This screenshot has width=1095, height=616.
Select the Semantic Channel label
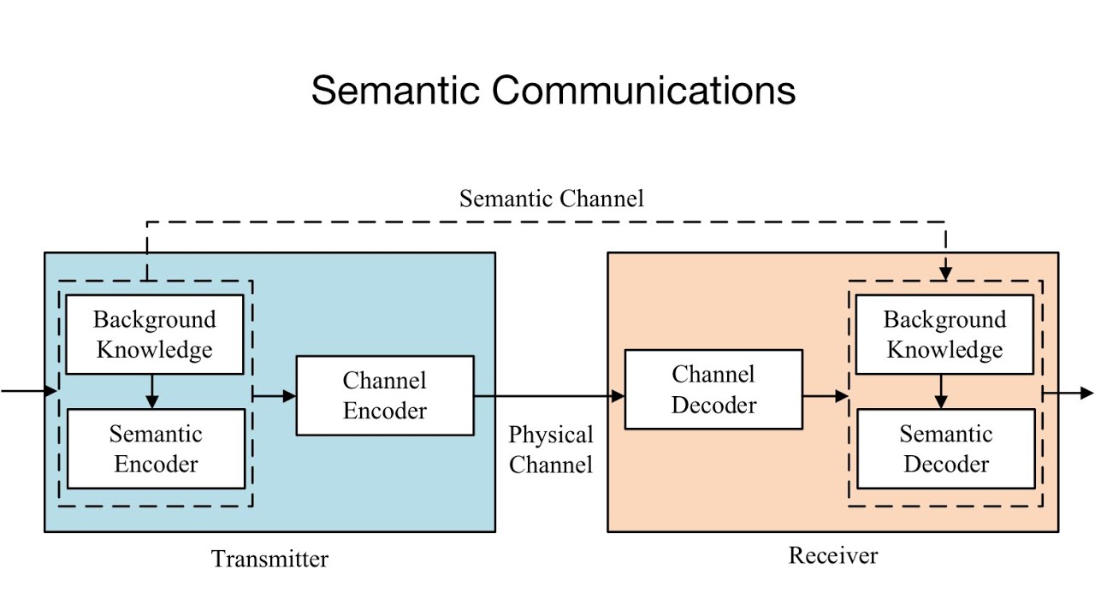[x=551, y=198]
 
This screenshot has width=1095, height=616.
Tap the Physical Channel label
[x=550, y=450]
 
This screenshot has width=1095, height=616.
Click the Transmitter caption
[x=269, y=559]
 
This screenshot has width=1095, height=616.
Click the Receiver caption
[x=832, y=555]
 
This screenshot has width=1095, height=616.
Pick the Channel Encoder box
[x=385, y=395]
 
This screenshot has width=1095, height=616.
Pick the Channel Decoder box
[x=713, y=389]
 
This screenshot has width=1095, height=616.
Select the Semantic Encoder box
[x=156, y=448]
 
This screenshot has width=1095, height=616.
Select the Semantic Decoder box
[x=945, y=448]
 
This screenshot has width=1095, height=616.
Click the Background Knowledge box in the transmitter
[x=154, y=335]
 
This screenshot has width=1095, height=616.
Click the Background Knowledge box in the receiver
[x=944, y=335]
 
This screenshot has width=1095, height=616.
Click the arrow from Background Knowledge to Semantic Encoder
[x=152, y=392]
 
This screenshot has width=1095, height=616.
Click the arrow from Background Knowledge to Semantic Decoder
[x=941, y=392]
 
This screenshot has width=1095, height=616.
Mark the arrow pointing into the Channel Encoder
[x=275, y=395]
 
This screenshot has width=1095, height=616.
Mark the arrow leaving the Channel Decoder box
[x=826, y=396]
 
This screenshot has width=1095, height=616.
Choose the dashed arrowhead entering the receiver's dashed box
[x=945, y=272]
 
